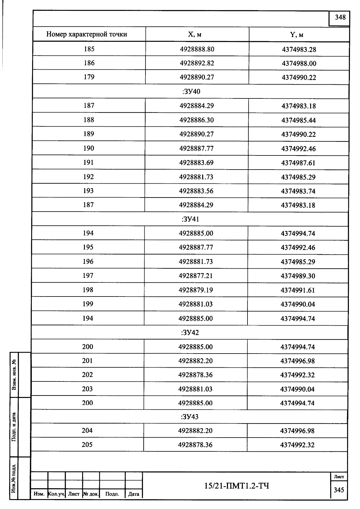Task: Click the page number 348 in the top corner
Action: (340, 17)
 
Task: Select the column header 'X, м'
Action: (195, 35)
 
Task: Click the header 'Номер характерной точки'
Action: (87, 34)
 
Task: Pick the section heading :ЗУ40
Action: (191, 92)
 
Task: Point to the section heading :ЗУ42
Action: (190, 333)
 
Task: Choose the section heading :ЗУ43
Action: (190, 417)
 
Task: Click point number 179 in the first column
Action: (89, 77)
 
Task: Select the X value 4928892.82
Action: (197, 63)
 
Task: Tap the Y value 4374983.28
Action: (299, 50)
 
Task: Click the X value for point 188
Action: (196, 120)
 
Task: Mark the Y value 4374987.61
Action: (298, 163)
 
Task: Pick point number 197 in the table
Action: (88, 276)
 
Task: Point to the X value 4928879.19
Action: (196, 290)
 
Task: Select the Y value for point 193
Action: (298, 191)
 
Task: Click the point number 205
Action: (87, 444)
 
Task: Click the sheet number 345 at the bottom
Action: (339, 490)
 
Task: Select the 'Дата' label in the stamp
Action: (133, 494)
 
